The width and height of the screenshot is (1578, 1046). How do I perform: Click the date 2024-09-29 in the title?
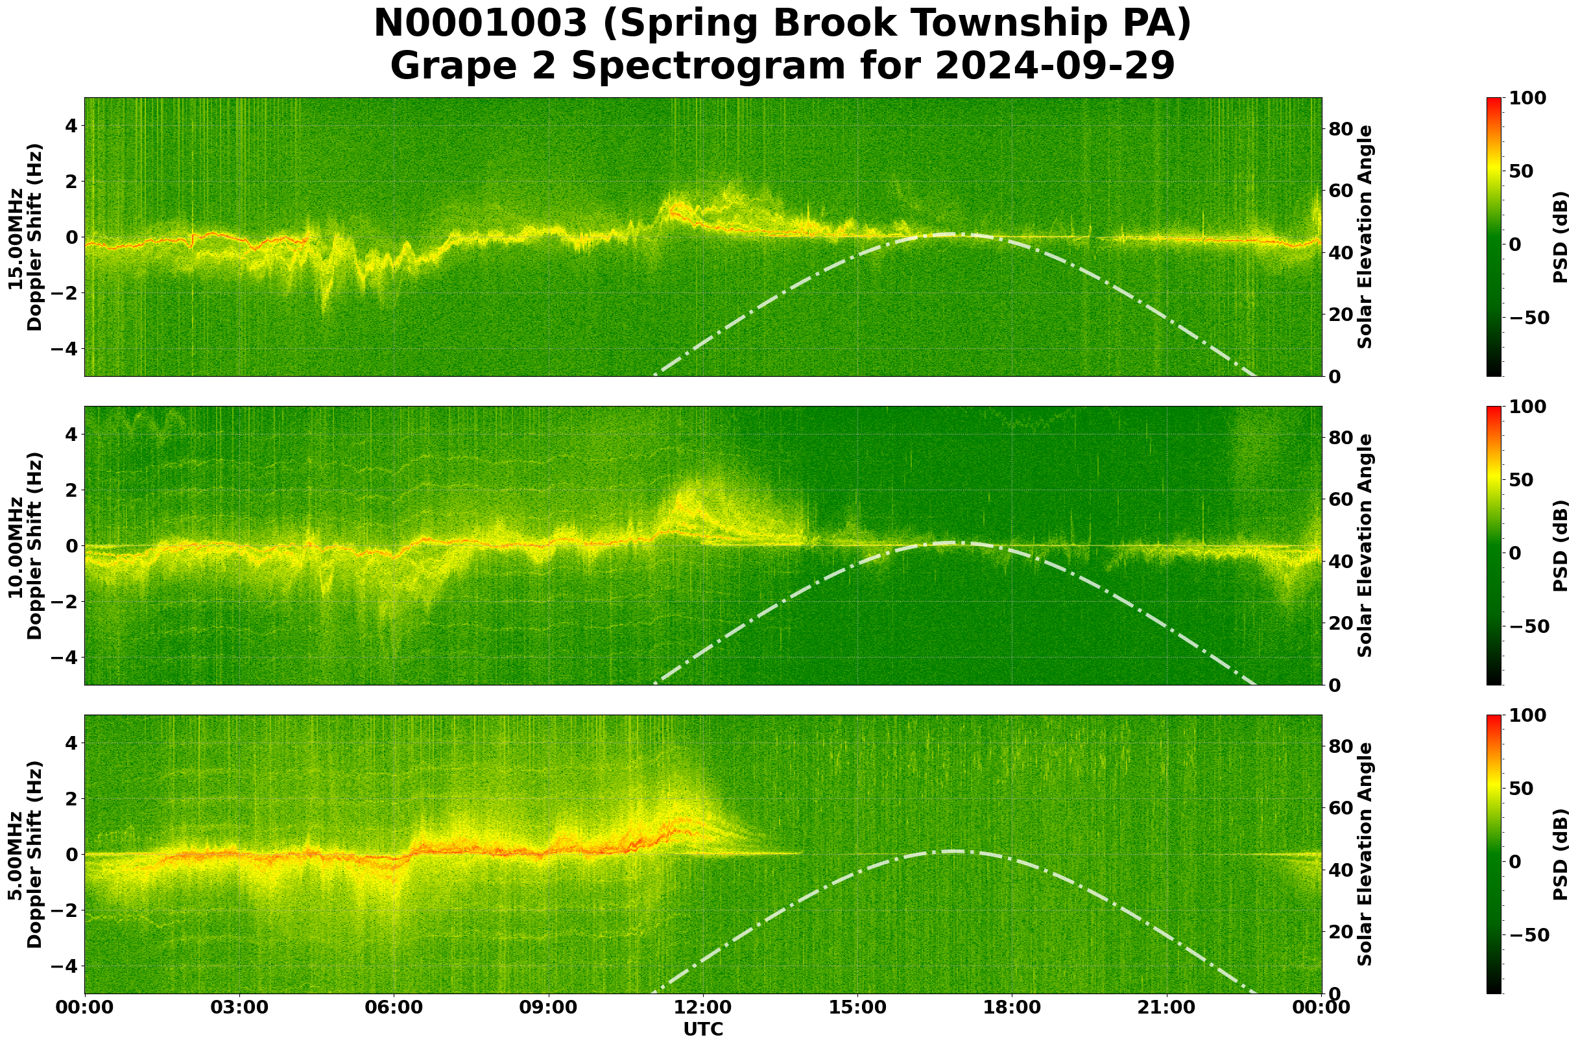point(1054,66)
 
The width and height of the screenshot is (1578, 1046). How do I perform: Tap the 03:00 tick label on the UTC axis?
point(239,1007)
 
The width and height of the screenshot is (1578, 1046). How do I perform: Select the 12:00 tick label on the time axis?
point(703,1007)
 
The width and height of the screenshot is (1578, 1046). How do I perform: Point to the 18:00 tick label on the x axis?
point(1012,1007)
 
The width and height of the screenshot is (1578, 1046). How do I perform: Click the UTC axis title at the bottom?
point(703,1029)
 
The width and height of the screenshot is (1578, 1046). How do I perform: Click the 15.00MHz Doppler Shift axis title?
point(25,237)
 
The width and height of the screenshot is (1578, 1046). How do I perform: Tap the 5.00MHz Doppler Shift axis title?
point(25,855)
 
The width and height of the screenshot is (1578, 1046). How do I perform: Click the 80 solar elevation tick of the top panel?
point(1340,129)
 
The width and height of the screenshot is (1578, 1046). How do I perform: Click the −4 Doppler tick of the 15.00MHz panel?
point(65,349)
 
